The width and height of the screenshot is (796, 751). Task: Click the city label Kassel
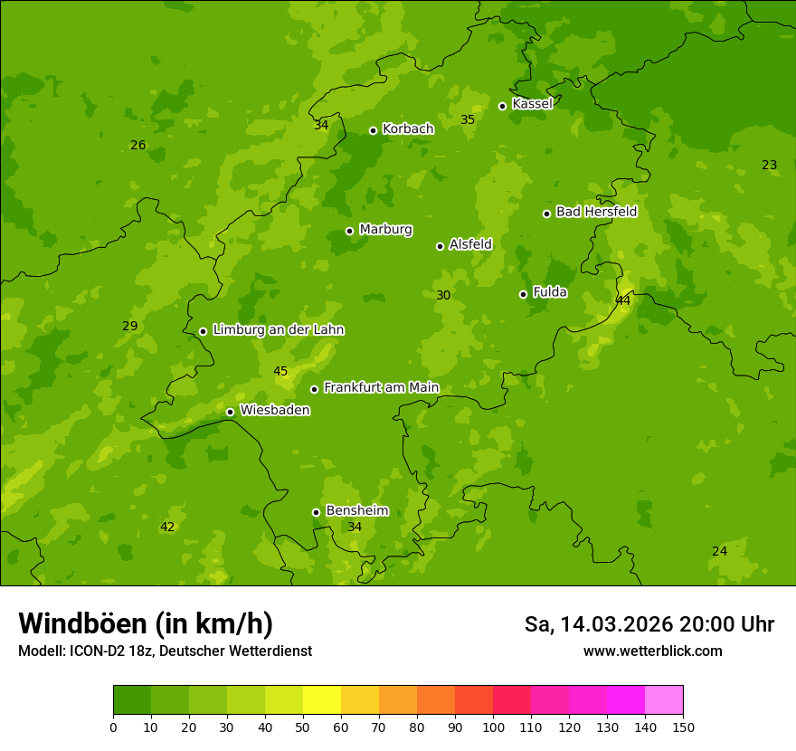(x=532, y=104)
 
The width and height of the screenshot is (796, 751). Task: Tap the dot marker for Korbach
(x=373, y=130)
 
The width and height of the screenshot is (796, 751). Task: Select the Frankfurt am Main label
(x=381, y=388)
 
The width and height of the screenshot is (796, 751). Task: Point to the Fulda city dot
(x=523, y=294)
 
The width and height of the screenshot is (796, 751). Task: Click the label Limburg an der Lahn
(x=278, y=330)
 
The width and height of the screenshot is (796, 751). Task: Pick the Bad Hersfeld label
(x=596, y=212)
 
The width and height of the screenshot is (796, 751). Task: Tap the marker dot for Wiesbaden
(x=230, y=412)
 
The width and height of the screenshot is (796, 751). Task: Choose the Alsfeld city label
(x=470, y=244)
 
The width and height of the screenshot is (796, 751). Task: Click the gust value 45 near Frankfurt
(x=280, y=372)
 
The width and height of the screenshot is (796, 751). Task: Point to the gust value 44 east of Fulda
(x=623, y=300)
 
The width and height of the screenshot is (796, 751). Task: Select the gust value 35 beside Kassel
(x=468, y=120)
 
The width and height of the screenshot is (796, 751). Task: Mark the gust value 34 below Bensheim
(x=355, y=528)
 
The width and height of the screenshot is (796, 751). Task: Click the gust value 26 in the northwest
(x=137, y=146)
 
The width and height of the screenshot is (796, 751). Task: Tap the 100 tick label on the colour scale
(x=493, y=727)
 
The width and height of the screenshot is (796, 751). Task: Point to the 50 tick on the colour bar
(x=303, y=727)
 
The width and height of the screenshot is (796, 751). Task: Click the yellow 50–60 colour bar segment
(x=322, y=700)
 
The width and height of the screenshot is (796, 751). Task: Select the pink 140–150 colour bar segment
(x=664, y=700)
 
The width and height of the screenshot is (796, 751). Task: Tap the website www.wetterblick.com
(x=652, y=651)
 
